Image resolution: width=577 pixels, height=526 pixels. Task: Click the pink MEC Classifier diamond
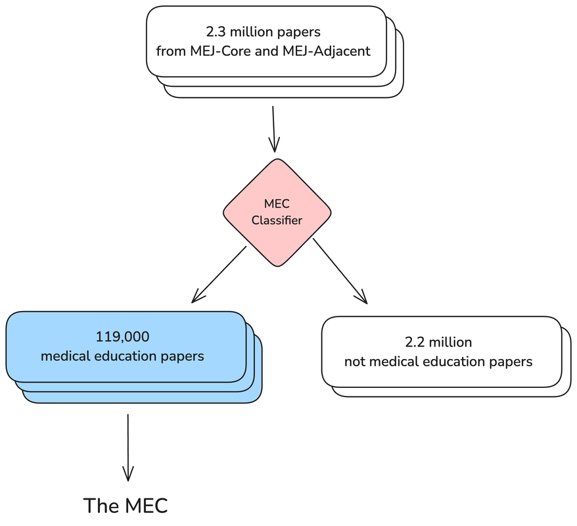point(277,212)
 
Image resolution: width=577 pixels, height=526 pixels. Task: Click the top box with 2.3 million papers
point(265,41)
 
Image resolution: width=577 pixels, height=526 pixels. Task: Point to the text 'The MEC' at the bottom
point(126,506)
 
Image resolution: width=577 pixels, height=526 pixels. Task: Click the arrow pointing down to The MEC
point(127,447)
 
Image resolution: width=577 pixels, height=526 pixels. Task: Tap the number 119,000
point(122,337)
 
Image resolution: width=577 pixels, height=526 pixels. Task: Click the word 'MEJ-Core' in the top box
point(212,51)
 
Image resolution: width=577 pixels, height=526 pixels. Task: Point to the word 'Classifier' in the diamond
point(277,220)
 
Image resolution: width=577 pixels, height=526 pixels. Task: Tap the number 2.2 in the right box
point(415,342)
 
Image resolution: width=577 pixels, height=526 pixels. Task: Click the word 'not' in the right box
point(354,362)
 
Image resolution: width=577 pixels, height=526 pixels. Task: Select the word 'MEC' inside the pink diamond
point(276,204)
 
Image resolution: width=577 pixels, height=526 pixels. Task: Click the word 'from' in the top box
point(170,51)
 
